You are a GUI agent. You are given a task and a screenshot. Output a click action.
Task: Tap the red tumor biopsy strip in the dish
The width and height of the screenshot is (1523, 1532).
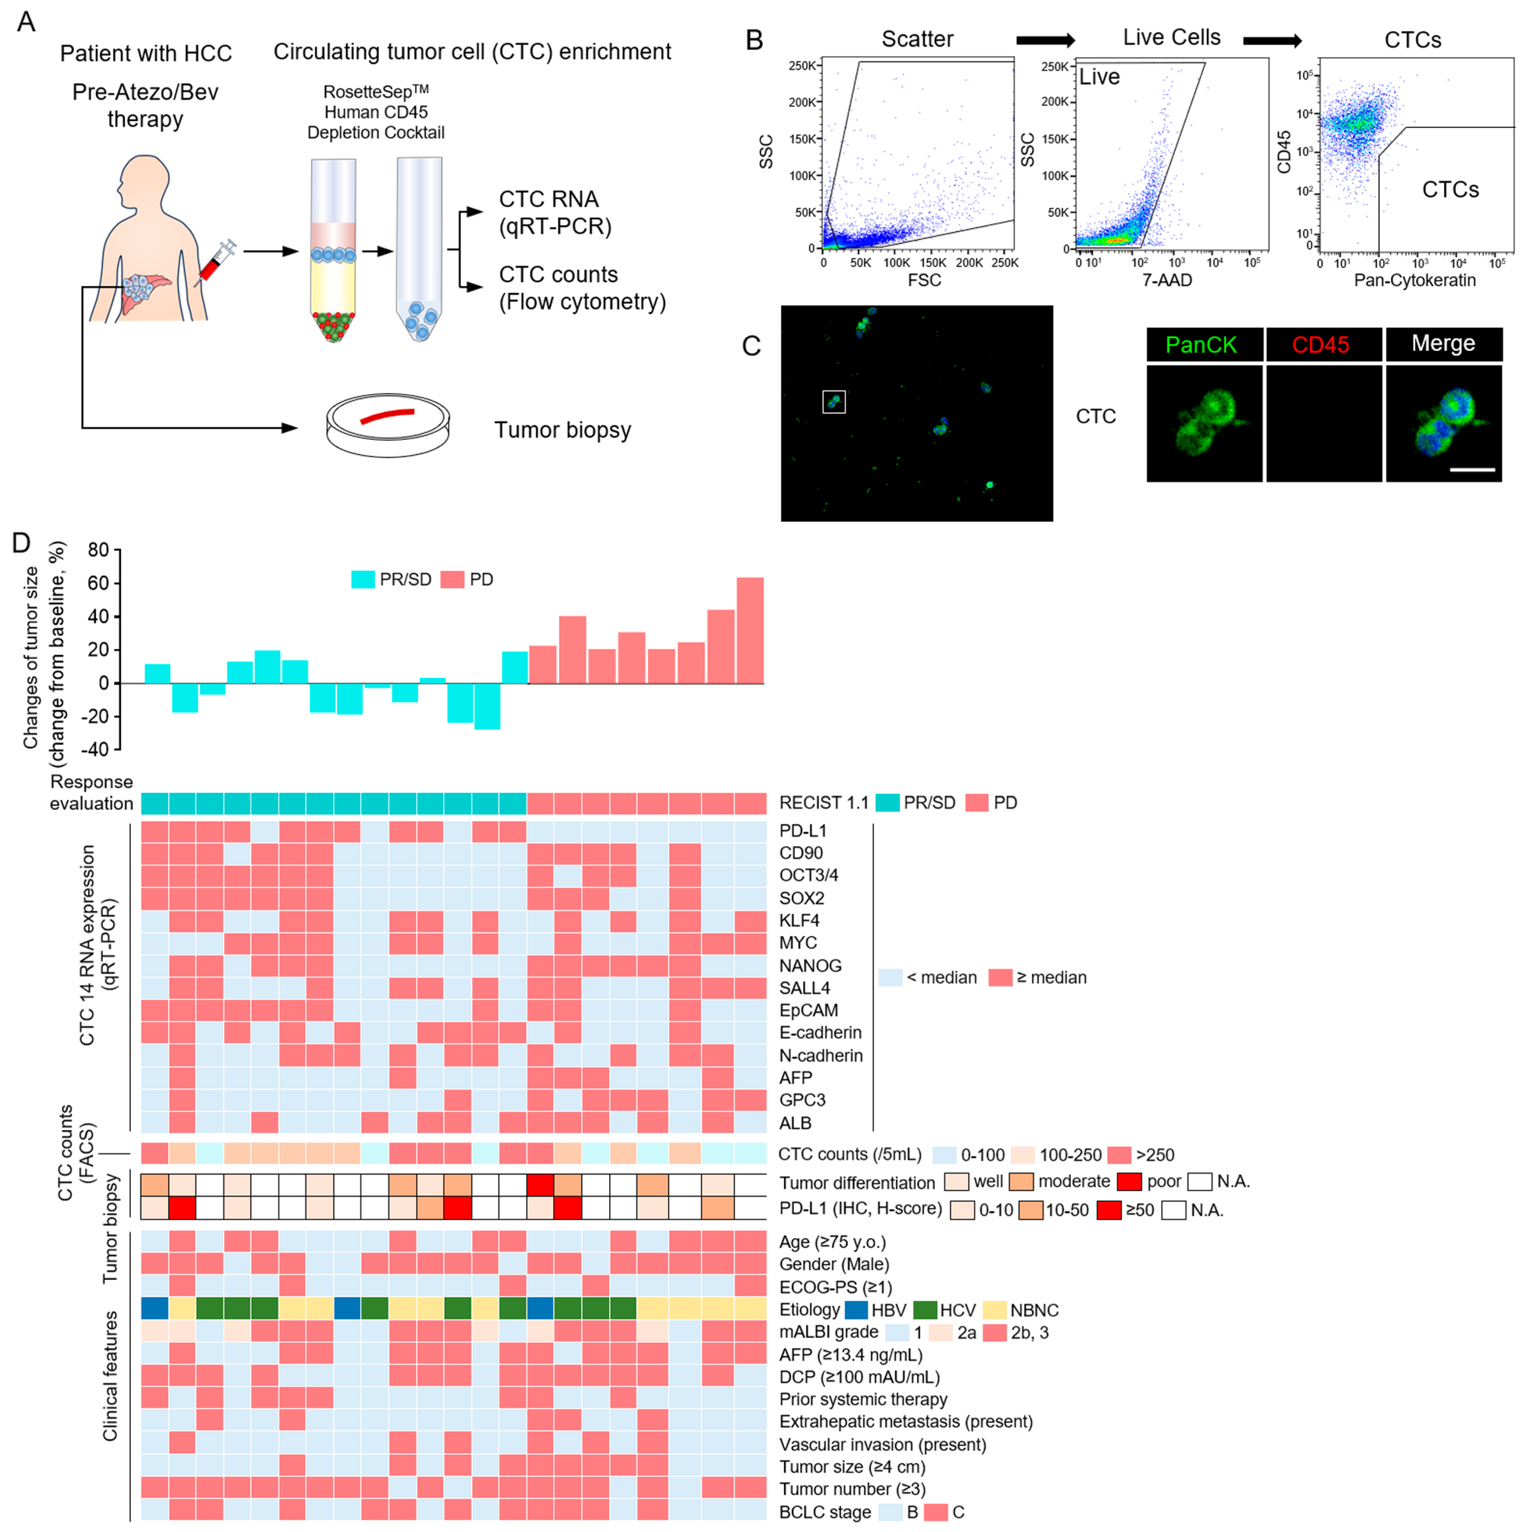387,415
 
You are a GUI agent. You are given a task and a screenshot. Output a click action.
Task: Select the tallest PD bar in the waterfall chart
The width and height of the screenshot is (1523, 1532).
750,630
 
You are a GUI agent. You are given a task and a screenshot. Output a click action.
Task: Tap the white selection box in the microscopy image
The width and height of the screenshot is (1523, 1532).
834,402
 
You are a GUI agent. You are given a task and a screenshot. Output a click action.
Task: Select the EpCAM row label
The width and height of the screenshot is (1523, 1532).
808,1010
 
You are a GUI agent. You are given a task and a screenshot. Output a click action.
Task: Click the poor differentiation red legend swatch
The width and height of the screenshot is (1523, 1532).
1129,1182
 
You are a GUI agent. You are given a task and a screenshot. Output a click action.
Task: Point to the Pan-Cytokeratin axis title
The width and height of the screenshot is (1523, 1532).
1414,280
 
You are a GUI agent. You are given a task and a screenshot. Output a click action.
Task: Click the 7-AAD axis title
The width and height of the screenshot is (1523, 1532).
1167,280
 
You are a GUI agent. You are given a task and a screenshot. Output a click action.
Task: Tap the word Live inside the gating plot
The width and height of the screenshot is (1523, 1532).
1100,77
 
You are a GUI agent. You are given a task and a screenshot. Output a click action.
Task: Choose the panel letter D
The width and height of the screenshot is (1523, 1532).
21,543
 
